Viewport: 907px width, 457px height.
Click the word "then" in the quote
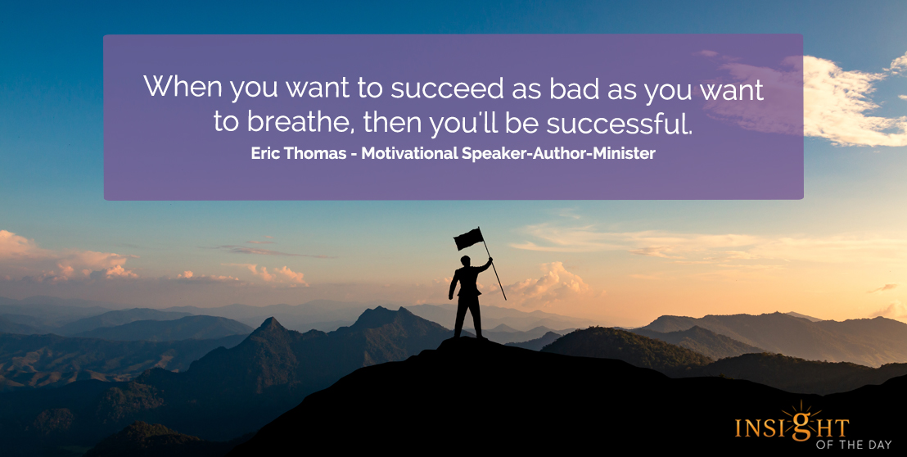coord(395,122)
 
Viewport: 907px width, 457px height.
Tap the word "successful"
coord(619,122)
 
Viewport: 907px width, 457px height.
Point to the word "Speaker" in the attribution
coord(492,154)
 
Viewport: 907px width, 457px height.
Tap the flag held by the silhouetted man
coord(468,238)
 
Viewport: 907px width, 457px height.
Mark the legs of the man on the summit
coord(468,315)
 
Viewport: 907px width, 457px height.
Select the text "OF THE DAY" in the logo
coord(854,444)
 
